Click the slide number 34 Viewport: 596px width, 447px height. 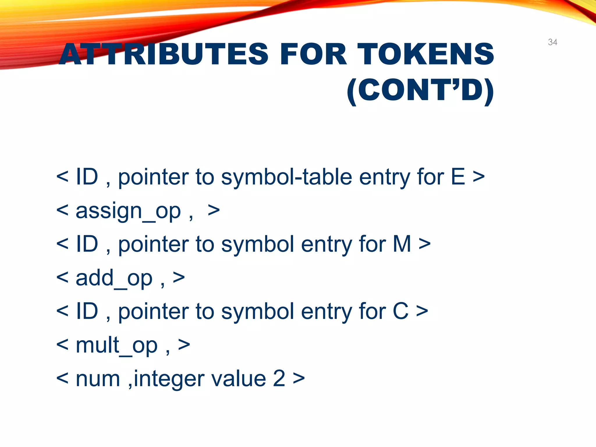(x=552, y=42)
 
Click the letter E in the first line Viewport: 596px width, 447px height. (x=458, y=177)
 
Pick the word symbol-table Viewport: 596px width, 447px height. (x=286, y=177)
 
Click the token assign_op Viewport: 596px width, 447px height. (x=128, y=211)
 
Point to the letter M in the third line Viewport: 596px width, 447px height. (x=402, y=244)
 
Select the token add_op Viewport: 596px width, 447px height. (x=114, y=278)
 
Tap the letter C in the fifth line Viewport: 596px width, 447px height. (x=400, y=311)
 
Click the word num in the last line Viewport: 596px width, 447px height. (x=98, y=379)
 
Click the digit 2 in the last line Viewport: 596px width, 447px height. (x=279, y=379)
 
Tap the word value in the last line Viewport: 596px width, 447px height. (x=238, y=379)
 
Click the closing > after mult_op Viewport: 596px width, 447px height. (x=184, y=345)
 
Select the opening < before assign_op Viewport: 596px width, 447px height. (x=62, y=210)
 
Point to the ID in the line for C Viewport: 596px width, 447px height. (x=87, y=311)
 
